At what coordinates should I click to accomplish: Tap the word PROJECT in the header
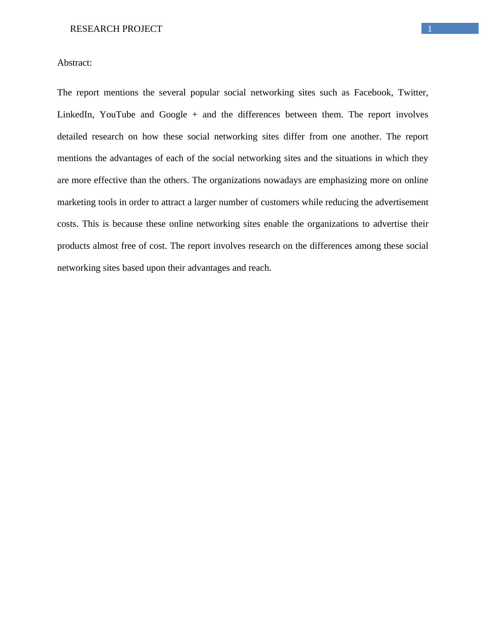click(x=142, y=29)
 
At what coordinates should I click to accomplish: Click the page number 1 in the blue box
click(x=430, y=29)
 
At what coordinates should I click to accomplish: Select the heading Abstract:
click(x=74, y=63)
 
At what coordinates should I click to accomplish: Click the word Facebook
click(x=373, y=93)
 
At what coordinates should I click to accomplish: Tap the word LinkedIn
click(x=76, y=115)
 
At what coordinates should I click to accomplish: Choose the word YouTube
click(x=117, y=115)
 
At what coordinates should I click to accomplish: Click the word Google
click(x=173, y=115)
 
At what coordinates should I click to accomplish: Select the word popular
click(x=205, y=93)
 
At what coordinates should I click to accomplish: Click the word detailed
click(x=72, y=137)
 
